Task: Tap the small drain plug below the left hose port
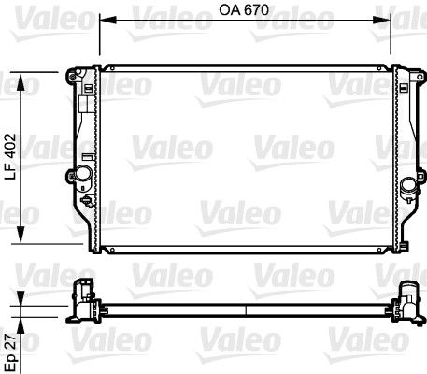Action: [87, 200]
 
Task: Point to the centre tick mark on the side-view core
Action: [247, 307]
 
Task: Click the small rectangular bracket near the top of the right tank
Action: [403, 90]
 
